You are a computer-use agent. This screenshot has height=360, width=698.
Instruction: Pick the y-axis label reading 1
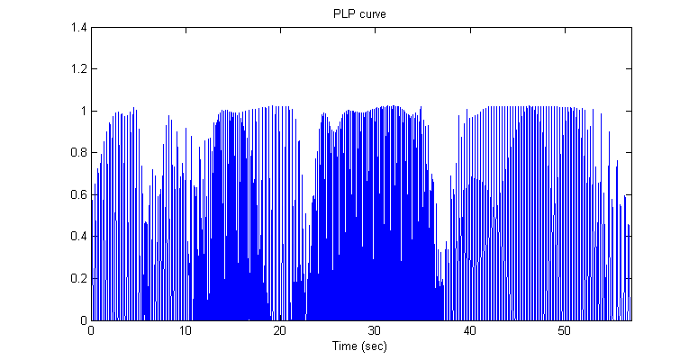point(82,112)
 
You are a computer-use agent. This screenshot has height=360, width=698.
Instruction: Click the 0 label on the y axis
point(82,320)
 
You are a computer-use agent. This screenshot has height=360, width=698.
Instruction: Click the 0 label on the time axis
point(91,331)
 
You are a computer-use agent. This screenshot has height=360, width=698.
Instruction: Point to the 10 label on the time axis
point(186,331)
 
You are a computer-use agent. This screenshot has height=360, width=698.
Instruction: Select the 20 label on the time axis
point(280,331)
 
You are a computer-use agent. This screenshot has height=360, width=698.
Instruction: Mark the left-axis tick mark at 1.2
point(93,69)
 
